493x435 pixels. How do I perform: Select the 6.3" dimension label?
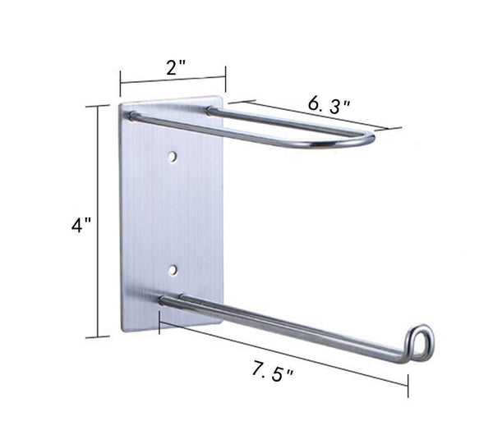point(329,106)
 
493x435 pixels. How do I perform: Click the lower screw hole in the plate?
point(173,268)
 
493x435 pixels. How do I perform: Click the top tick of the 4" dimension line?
point(99,106)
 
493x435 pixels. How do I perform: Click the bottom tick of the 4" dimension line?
point(99,337)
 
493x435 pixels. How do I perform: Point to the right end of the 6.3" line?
point(400,129)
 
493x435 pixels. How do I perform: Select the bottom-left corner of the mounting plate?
point(123,329)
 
